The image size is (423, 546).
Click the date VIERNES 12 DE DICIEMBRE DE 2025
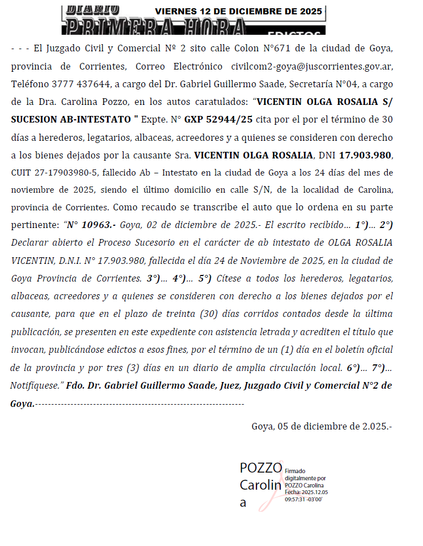238,11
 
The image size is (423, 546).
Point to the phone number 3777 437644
72,84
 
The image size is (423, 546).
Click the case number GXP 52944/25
218,120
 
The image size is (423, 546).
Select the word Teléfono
28,84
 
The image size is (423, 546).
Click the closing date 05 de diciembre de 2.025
322,426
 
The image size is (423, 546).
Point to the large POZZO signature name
260,468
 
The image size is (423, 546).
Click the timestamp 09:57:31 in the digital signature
295,499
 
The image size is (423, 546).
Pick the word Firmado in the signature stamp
295,471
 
